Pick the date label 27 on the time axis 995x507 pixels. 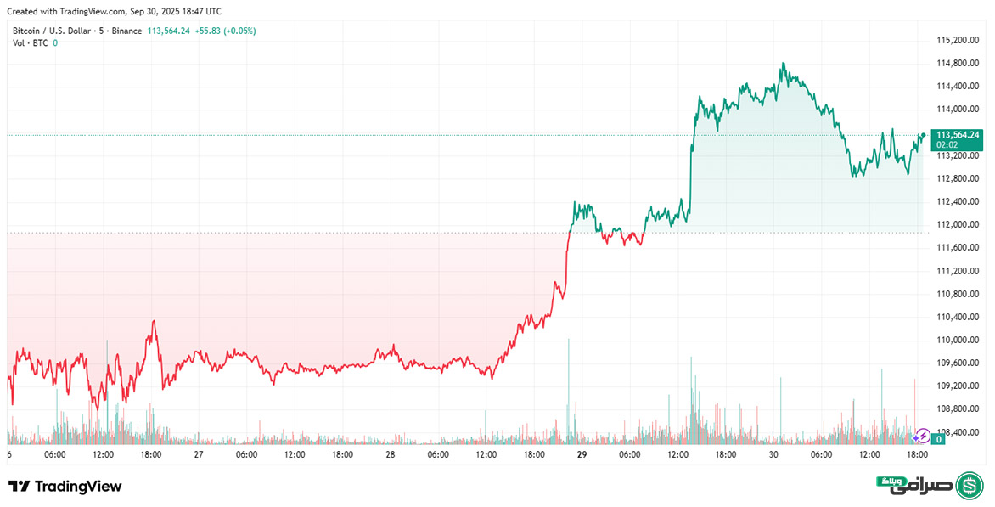click(x=198, y=454)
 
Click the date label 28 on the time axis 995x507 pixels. click(x=390, y=454)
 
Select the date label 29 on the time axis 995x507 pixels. click(x=582, y=454)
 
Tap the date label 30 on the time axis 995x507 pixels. click(x=773, y=454)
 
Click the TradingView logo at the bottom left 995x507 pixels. click(x=65, y=487)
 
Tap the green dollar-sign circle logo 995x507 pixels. click(x=970, y=486)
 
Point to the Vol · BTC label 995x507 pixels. click(x=30, y=42)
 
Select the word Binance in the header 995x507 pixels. click(x=128, y=31)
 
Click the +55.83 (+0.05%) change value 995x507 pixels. click(x=225, y=31)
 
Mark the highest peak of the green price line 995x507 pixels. click(x=783, y=63)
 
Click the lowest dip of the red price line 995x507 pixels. click(x=97, y=409)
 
